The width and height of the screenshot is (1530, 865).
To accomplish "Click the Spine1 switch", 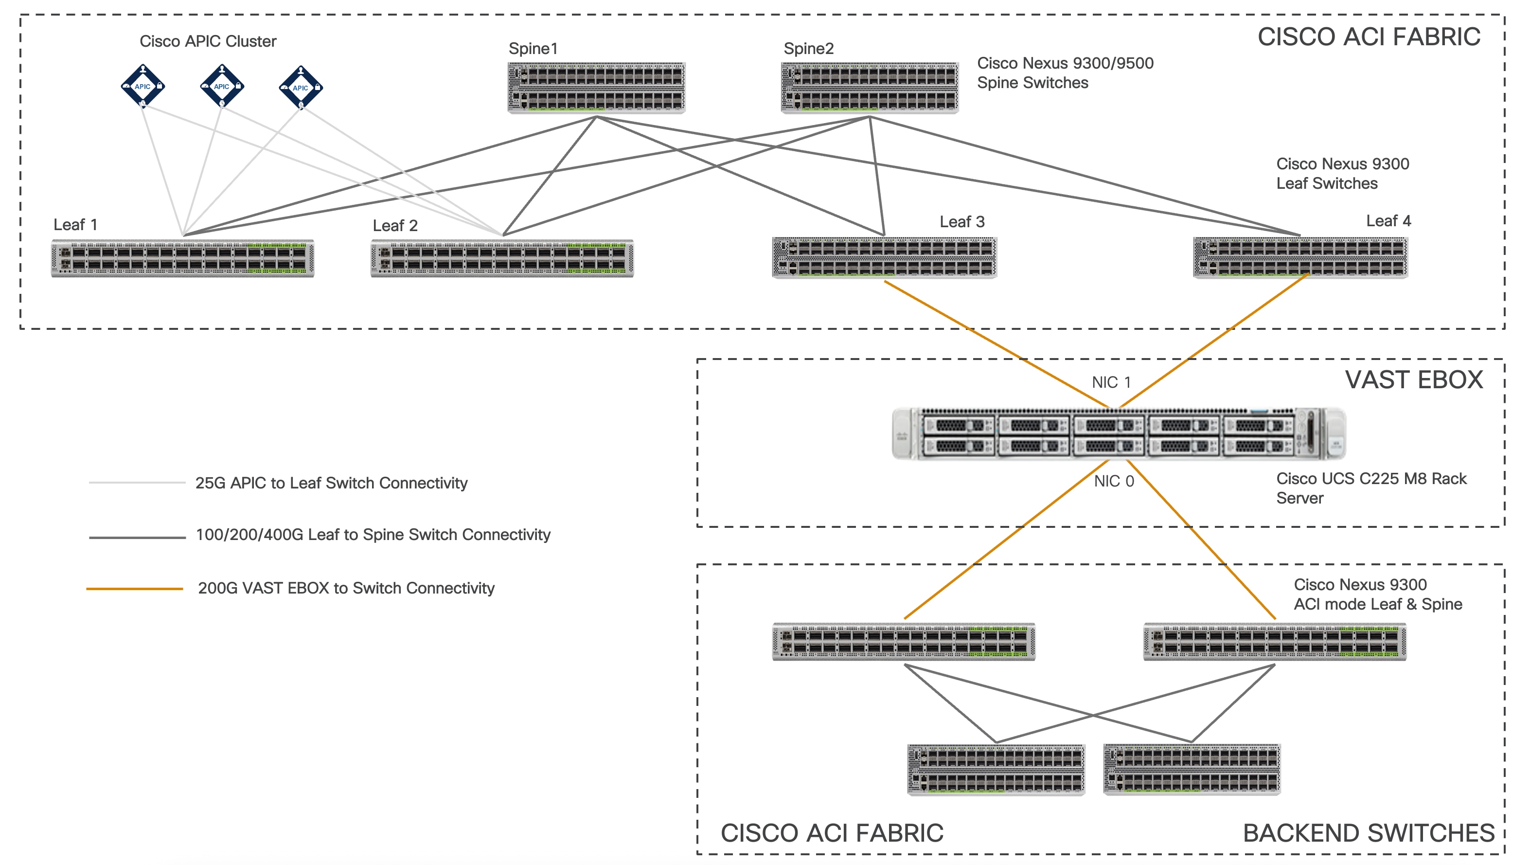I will tap(596, 88).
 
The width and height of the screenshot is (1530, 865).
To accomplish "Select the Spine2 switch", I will tap(870, 88).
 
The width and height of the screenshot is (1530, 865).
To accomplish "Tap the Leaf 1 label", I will tap(75, 225).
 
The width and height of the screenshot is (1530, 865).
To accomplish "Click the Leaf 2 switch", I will tap(502, 258).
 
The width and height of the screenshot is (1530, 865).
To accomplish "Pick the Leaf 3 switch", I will tap(884, 258).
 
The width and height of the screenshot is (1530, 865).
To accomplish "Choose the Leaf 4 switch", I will tap(1300, 258).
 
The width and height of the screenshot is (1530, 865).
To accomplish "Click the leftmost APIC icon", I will tap(142, 86).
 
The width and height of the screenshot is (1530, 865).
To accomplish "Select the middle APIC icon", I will tap(222, 86).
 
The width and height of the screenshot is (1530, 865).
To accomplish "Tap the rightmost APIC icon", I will tap(301, 88).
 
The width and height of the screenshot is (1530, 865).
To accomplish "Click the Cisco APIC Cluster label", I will tap(208, 41).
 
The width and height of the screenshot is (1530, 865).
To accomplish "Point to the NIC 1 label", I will tap(1111, 382).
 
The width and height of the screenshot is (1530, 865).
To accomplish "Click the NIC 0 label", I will tap(1114, 481).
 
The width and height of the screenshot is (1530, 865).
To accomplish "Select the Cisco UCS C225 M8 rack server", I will tap(1119, 433).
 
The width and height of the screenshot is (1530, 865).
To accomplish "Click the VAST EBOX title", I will tap(1414, 379).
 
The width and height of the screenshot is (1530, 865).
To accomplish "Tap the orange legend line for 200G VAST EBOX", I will tap(135, 589).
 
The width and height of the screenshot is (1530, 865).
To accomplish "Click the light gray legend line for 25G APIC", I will tap(137, 483).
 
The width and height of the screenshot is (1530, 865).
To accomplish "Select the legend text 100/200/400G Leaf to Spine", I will tap(373, 535).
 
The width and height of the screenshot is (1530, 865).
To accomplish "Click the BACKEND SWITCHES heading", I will tap(1368, 833).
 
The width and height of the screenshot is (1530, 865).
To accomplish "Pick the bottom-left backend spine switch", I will tap(996, 769).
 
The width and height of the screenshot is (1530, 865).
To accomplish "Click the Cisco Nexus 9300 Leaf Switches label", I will tap(1342, 174).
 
